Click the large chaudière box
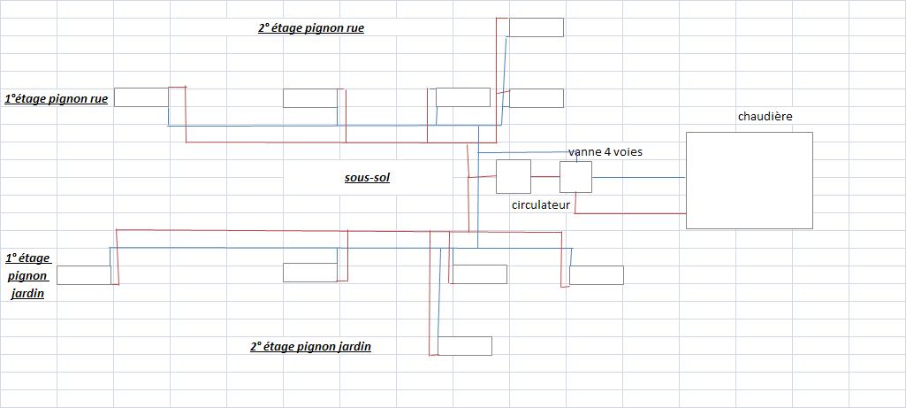pyautogui.click(x=749, y=180)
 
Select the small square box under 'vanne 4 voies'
pyautogui.click(x=575, y=177)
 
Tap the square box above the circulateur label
pyautogui.click(x=513, y=177)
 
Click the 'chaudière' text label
pyautogui.click(x=765, y=117)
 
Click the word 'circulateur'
pyautogui.click(x=540, y=204)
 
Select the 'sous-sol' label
pyautogui.click(x=367, y=178)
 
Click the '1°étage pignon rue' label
pyautogui.click(x=57, y=99)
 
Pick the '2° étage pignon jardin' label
pyautogui.click(x=310, y=347)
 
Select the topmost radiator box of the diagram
pyautogui.click(x=536, y=27)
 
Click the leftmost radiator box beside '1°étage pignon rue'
pyautogui.click(x=141, y=97)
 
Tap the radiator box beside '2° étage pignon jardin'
pyautogui.click(x=465, y=346)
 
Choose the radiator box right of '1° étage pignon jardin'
pyautogui.click(x=84, y=274)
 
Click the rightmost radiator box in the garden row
pyautogui.click(x=596, y=274)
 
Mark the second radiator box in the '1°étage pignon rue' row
pyautogui.click(x=309, y=97)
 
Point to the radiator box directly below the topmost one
pyautogui.click(x=536, y=97)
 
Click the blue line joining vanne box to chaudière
pyautogui.click(x=638, y=178)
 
